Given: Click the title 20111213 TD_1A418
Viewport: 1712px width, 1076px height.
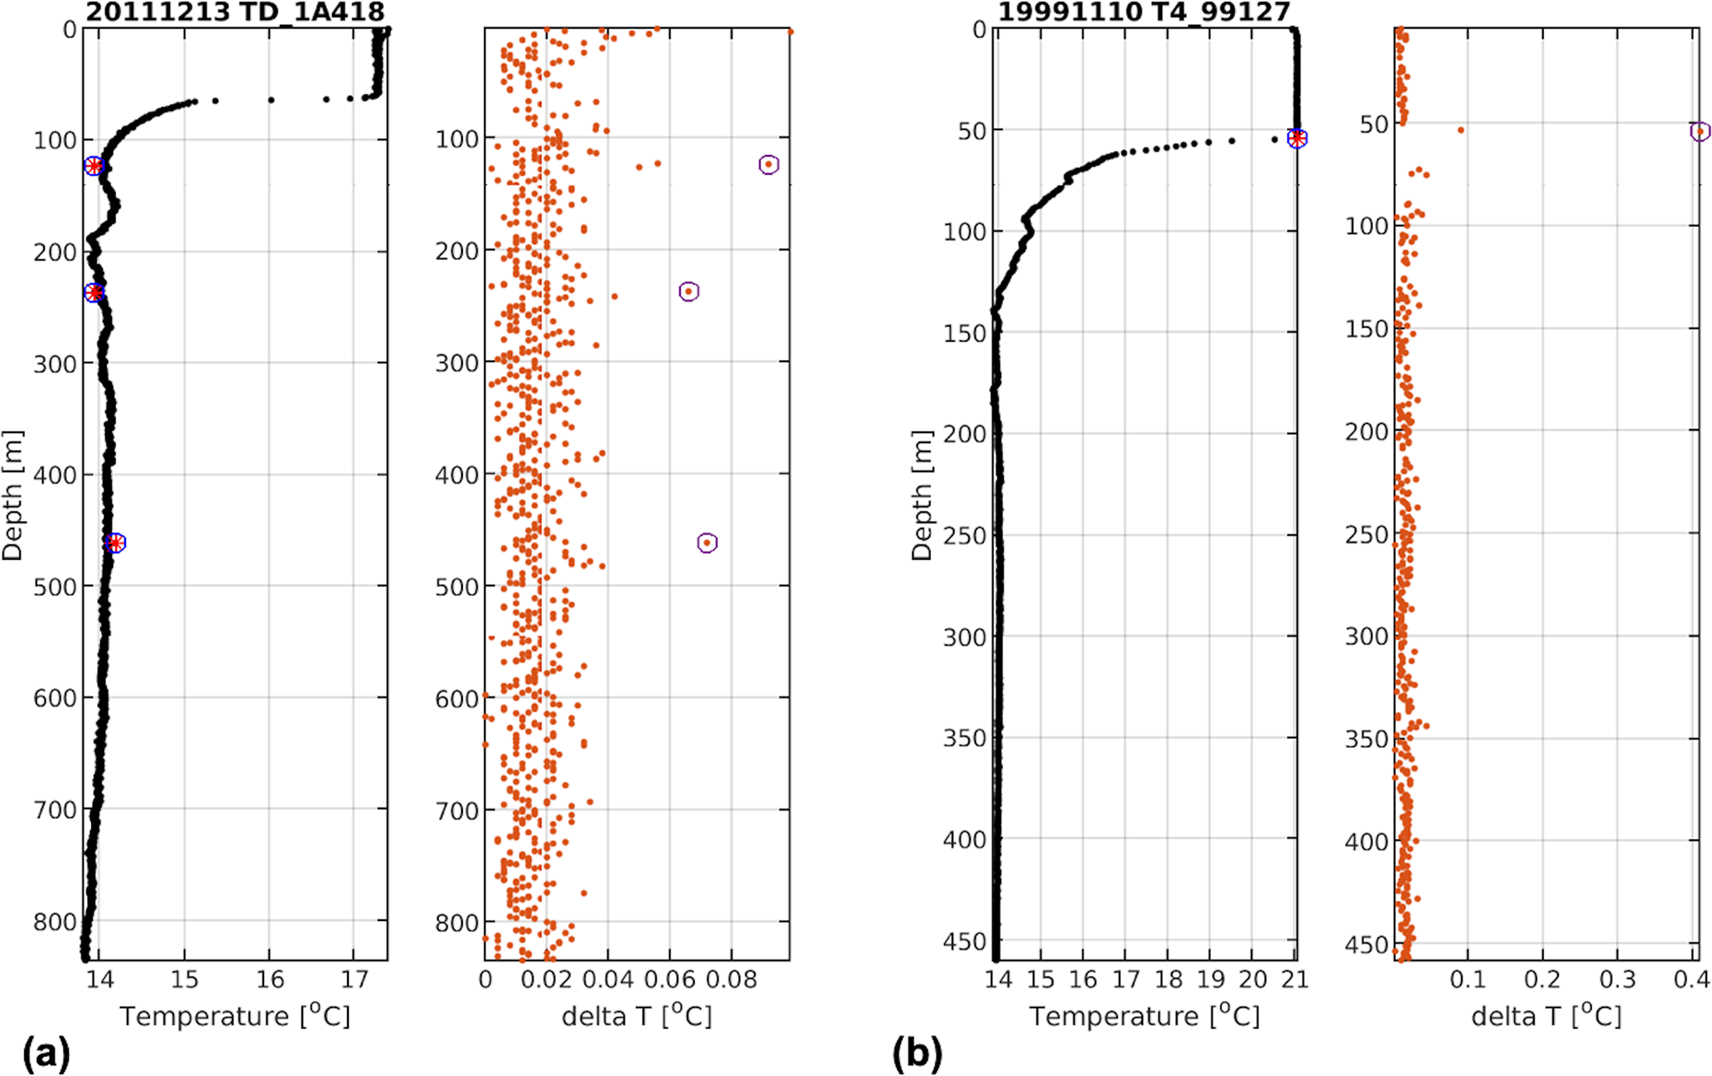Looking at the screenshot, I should click(x=235, y=12).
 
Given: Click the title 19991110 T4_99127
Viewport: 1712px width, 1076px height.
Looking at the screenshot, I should click(x=1144, y=12).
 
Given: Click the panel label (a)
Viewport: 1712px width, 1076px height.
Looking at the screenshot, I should click(x=46, y=1054).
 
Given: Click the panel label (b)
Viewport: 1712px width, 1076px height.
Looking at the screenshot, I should click(x=917, y=1054).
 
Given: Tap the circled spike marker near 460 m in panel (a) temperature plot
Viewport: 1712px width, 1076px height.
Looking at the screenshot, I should click(x=116, y=543).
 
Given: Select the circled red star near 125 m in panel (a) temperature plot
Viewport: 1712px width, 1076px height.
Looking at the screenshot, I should click(x=94, y=166).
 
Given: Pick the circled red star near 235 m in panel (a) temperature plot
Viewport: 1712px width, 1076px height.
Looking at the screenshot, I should click(x=94, y=292).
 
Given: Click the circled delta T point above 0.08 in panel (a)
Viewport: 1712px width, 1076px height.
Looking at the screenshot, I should click(x=769, y=164).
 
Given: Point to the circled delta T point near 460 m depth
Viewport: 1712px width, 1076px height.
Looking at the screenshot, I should click(x=707, y=543).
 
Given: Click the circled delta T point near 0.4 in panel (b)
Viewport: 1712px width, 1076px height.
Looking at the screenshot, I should click(x=1700, y=131).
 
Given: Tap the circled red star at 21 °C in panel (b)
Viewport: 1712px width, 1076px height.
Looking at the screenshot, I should click(x=1297, y=138).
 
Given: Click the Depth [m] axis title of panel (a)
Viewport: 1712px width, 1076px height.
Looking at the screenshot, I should click(x=13, y=495).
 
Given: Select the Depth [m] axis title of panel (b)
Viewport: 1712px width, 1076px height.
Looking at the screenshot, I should click(x=922, y=495).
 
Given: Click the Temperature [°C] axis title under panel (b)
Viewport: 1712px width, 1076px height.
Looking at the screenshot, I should click(x=1145, y=1016).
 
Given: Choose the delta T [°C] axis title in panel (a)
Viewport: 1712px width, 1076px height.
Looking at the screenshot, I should click(x=636, y=1016).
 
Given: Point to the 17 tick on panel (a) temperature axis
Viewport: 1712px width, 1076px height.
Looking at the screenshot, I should click(x=354, y=980).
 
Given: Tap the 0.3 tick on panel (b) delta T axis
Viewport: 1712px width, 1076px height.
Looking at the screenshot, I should click(x=1618, y=980).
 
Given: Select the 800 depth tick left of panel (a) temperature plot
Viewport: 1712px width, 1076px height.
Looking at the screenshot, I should click(x=55, y=922).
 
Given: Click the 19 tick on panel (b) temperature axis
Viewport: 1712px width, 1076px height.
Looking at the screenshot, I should click(x=1210, y=980).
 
